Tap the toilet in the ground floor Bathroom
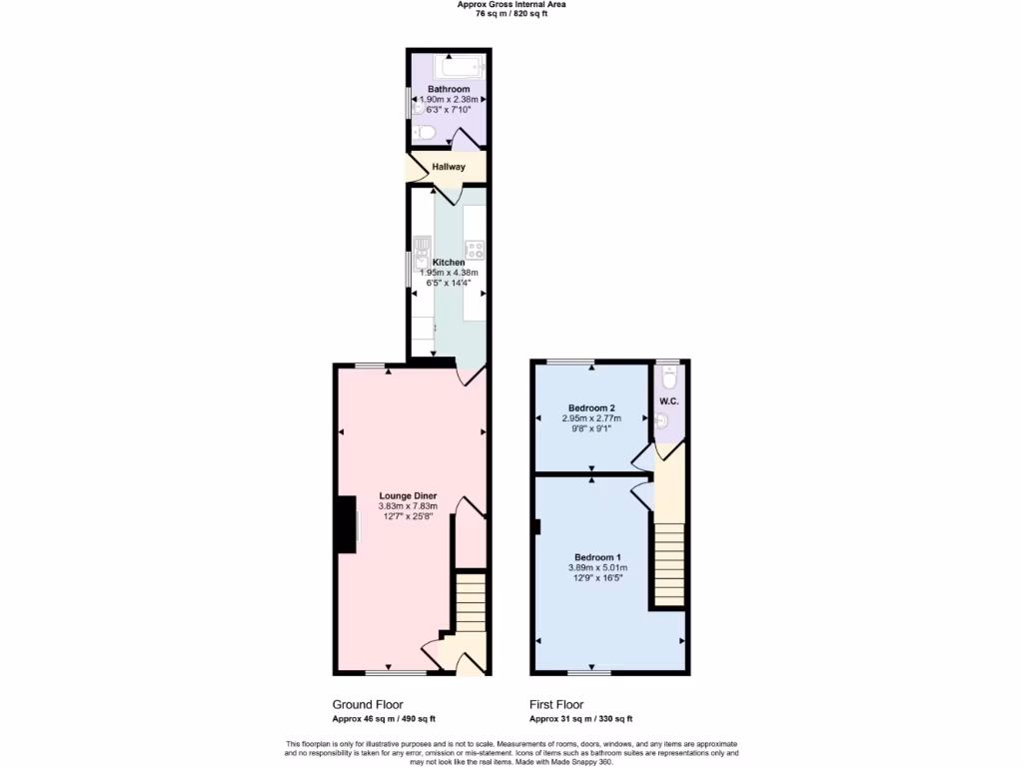(418, 131)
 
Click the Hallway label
(449, 167)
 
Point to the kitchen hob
(474, 250)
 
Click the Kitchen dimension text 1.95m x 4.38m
(449, 273)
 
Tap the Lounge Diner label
(408, 495)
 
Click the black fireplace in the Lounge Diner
(347, 524)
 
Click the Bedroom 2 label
(591, 407)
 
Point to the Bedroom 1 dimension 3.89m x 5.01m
(596, 568)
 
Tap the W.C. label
(668, 401)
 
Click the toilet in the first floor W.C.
(669, 377)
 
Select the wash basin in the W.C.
(660, 421)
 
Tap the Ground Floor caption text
(367, 704)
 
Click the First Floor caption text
(556, 704)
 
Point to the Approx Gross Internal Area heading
(511, 5)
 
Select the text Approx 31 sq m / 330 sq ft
(580, 719)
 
